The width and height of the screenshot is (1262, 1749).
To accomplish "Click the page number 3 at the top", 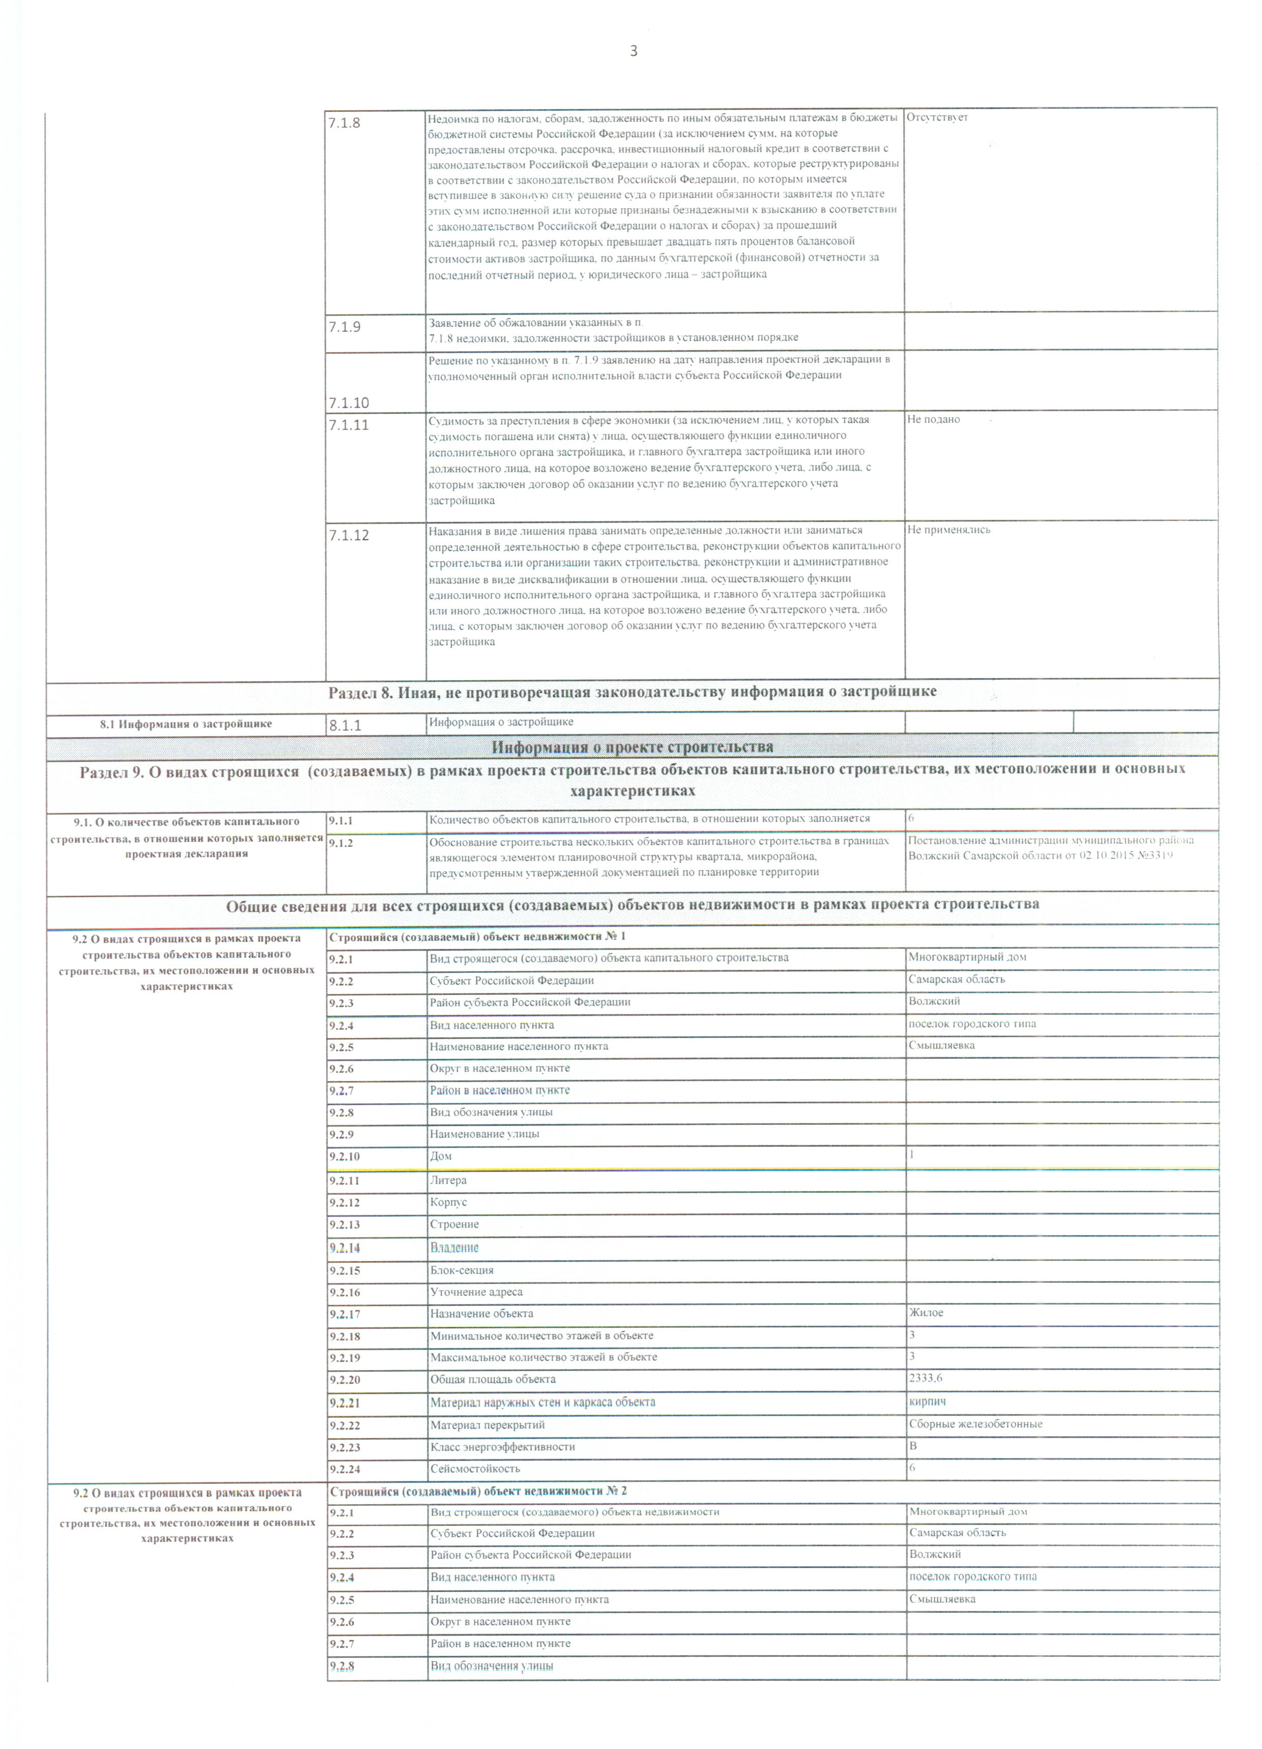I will coord(634,52).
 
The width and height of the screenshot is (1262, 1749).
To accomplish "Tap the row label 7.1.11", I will coord(349,425).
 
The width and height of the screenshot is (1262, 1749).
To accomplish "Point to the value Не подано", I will coord(933,419).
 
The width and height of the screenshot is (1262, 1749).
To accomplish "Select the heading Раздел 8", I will coord(632,692).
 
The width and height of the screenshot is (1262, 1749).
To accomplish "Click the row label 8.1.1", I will coord(346,726).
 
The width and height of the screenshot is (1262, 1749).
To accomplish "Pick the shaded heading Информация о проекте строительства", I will coord(632,747).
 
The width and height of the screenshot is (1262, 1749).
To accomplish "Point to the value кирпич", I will coord(927,1401).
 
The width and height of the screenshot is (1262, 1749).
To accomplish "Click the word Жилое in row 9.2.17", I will coord(926,1312).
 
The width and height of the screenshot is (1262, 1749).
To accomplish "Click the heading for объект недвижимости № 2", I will coord(478,1492).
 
